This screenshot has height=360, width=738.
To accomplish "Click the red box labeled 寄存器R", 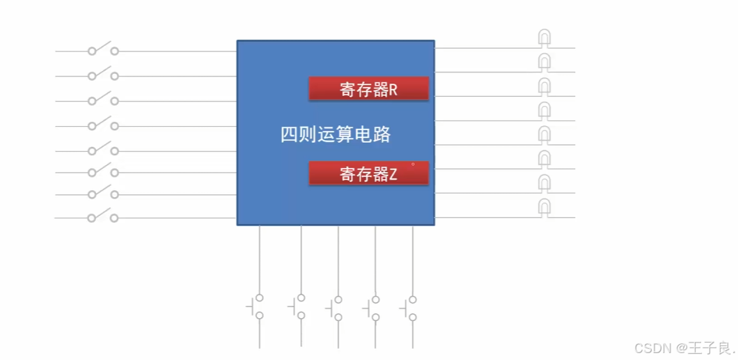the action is (x=368, y=89).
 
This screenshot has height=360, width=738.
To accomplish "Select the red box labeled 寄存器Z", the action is (x=368, y=173).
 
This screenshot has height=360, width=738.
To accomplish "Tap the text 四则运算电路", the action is (x=335, y=134).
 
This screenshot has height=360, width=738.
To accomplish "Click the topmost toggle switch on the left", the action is (x=102, y=50).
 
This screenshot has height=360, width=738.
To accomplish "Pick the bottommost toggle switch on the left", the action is (x=102, y=217).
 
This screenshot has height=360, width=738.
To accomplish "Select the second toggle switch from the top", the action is (x=102, y=75).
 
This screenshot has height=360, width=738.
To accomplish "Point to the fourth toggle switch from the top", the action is (x=102, y=125).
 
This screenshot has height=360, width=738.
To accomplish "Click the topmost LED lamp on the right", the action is (x=544, y=38).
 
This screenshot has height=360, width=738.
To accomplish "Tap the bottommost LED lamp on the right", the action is (x=544, y=207).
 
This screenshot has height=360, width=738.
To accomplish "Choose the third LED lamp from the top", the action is (x=544, y=86).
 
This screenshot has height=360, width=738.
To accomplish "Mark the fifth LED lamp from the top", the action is (x=544, y=134).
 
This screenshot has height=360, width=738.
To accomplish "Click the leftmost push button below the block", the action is (x=257, y=306).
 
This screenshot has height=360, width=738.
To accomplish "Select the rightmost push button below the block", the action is (x=410, y=306).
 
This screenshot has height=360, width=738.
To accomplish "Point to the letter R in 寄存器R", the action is (x=393, y=90).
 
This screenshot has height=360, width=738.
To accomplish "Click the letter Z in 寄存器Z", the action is (x=393, y=174).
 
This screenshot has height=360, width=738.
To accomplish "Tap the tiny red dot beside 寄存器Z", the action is (x=413, y=164).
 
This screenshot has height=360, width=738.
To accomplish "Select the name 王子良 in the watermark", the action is (x=709, y=347).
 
